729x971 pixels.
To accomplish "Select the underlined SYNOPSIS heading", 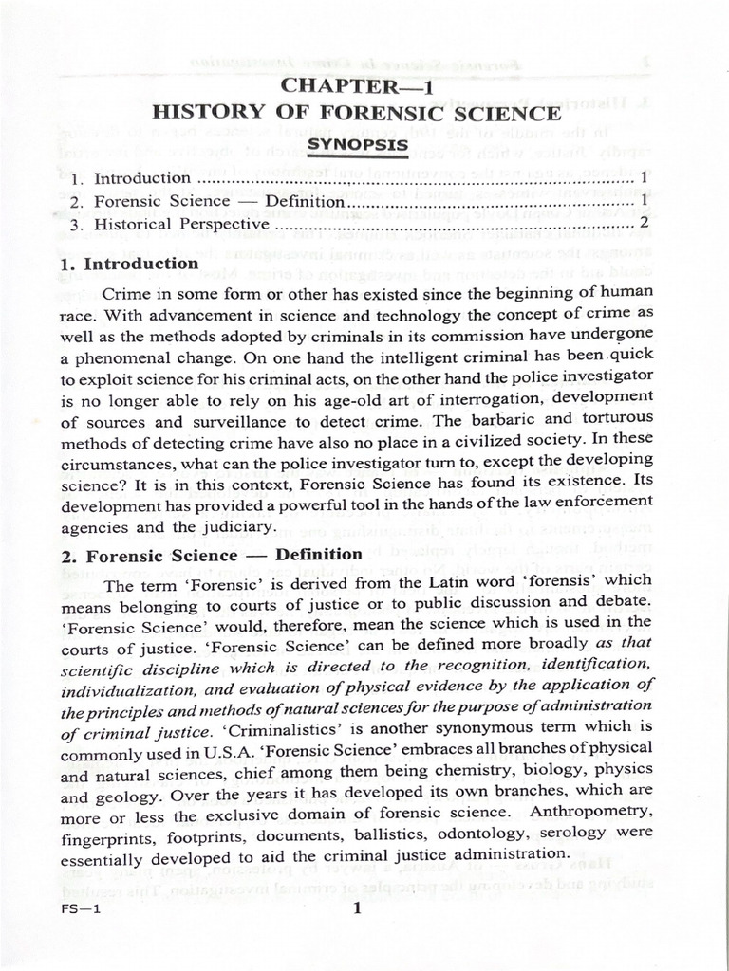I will click(x=357, y=144).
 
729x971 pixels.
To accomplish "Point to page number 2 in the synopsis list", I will click(x=644, y=224).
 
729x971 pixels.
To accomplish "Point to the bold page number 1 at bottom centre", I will click(x=357, y=908).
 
